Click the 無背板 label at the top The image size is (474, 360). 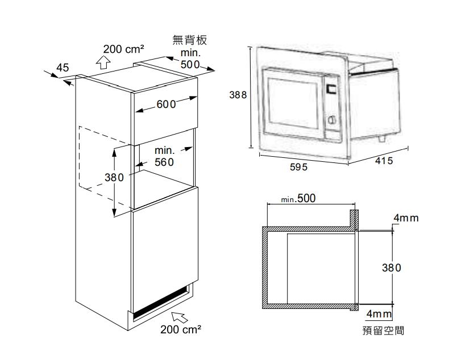(189, 40)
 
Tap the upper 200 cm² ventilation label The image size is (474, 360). (123, 48)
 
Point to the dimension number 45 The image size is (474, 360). (63, 68)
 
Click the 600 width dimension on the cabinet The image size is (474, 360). (165, 104)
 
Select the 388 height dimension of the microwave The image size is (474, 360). (238, 95)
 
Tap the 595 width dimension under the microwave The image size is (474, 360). (298, 168)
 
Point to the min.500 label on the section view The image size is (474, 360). (298, 199)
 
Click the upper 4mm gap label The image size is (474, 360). (406, 219)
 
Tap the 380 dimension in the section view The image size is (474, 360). (392, 267)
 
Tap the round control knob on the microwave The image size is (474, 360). (332, 120)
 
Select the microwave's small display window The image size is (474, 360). (331, 89)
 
